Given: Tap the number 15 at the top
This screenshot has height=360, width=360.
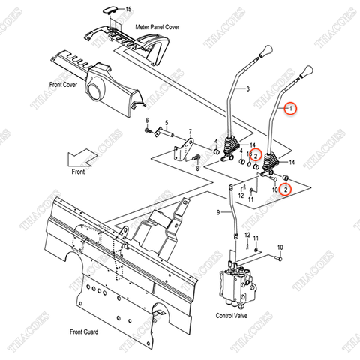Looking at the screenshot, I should click(127, 8).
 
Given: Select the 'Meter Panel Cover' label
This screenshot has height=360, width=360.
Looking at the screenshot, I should click(158, 25).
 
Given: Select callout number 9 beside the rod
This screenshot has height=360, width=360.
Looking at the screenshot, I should click(219, 214).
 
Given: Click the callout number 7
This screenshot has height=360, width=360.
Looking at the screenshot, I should click(190, 130).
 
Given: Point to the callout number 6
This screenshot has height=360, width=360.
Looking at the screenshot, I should click(147, 121).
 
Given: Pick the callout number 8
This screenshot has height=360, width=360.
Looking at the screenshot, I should click(197, 169).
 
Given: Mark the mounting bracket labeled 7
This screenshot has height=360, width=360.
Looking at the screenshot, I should click(182, 150).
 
